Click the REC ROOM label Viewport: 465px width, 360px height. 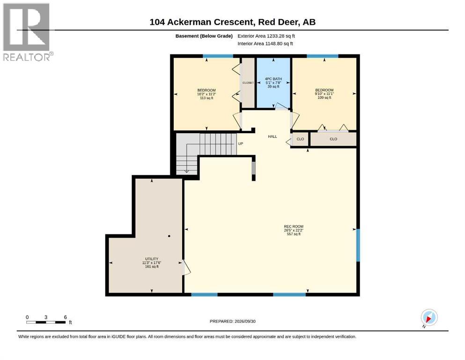294,226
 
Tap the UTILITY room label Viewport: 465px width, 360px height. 152,259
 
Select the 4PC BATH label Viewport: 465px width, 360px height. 273,79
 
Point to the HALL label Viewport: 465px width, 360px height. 272,136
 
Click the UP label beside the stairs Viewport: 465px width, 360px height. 241,143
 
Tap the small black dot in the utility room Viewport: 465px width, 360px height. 169,236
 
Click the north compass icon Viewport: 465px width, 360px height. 429,317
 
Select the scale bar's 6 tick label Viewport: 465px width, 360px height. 65,317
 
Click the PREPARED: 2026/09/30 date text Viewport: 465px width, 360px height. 232,321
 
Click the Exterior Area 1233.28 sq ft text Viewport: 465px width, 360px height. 266,36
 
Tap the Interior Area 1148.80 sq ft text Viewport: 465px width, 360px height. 265,44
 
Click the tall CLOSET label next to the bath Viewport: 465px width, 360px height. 248,83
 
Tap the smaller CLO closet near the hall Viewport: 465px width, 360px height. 300,139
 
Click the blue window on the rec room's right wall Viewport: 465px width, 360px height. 358,245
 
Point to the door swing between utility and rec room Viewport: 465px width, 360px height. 186,267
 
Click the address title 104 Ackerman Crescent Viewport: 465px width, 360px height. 201,22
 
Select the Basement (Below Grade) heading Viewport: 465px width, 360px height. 204,36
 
